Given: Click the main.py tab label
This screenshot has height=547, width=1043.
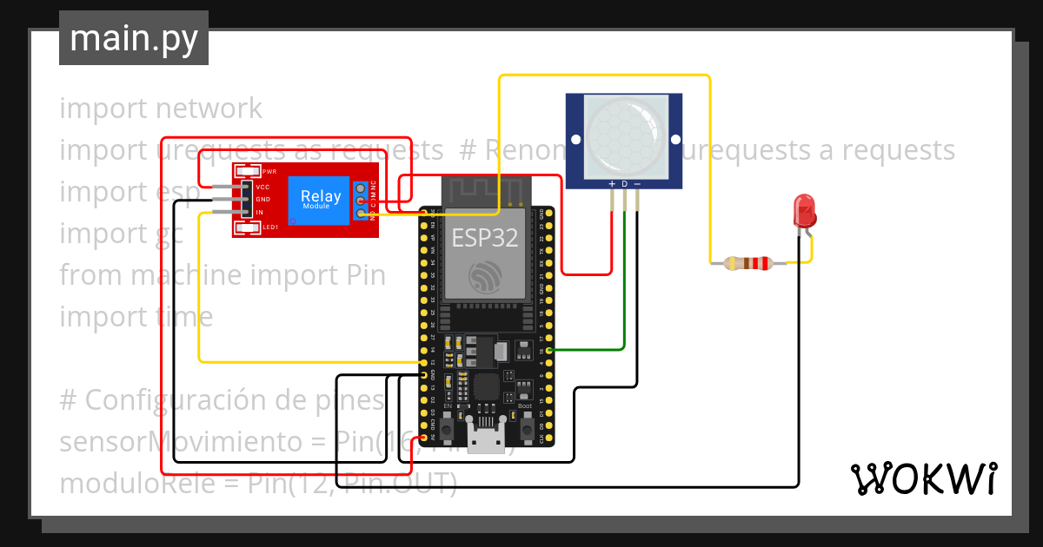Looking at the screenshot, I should pos(134,38).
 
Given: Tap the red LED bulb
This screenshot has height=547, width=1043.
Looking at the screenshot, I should pos(805,211).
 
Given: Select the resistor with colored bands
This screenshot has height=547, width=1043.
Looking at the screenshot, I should pos(748,262).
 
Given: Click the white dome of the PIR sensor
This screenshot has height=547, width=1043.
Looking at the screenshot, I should pos(624,132).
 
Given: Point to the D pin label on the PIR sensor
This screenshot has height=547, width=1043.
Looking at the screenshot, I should pos(624,184).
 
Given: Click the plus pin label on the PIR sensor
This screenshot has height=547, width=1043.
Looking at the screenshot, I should pos(612,184).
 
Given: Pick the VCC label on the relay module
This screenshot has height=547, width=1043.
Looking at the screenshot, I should pos(262,187).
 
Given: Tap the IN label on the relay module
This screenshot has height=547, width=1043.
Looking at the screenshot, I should pos(260,212).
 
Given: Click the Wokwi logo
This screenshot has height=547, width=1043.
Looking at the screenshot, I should pos(923,478).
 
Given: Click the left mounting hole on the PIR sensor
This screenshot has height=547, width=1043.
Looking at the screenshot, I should pos(575,138).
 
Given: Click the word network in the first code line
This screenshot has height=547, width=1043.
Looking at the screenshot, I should pos(208,109).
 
